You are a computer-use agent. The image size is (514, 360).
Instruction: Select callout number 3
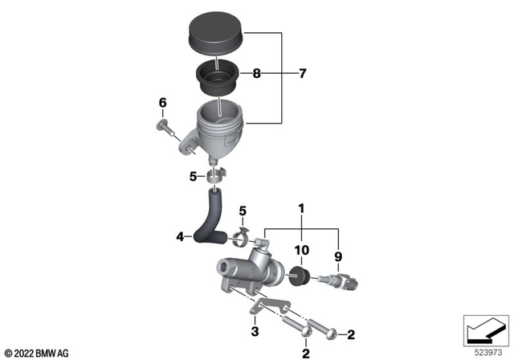[x=254, y=332]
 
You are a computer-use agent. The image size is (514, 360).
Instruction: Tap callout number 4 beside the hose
[x=181, y=236]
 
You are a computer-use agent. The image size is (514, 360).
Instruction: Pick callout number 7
[x=302, y=74]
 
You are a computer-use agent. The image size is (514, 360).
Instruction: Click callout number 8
[x=256, y=74]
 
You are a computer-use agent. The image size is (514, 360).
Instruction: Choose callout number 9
[x=337, y=257]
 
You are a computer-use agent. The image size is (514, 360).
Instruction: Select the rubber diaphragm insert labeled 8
[x=216, y=78]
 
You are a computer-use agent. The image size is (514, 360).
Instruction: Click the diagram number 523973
[x=487, y=351]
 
